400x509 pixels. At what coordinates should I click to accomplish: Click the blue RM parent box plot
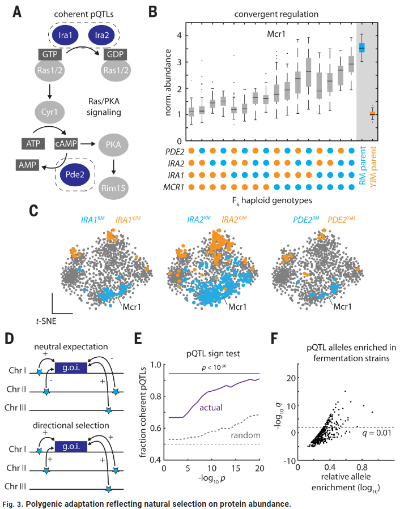click(362, 48)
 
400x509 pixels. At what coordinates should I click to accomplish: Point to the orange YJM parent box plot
click(372, 114)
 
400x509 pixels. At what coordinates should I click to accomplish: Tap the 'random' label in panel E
click(247, 435)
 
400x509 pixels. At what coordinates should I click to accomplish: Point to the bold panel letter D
click(10, 340)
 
